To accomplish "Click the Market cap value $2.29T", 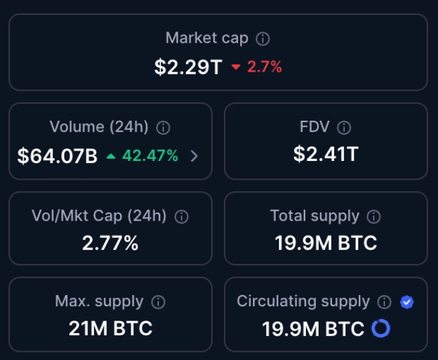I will (x=187, y=67).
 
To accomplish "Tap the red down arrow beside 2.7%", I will (x=235, y=67).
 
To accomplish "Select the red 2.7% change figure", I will (x=264, y=67).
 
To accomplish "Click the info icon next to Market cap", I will (x=264, y=39).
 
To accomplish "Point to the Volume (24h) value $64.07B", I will (x=58, y=156).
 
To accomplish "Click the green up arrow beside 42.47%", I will (x=111, y=156).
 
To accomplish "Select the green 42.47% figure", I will (x=150, y=156).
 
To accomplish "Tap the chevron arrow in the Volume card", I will (x=194, y=156).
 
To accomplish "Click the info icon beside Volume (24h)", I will (x=163, y=127).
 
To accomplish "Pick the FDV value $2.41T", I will (x=325, y=154).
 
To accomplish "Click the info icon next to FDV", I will (x=344, y=127).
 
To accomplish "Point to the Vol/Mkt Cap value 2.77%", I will (x=110, y=243).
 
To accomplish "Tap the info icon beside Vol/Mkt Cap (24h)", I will (x=181, y=217).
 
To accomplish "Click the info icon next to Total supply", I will (x=374, y=217).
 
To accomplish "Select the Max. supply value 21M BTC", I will (x=110, y=328).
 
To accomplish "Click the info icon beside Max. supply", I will (x=158, y=302).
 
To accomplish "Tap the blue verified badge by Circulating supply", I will (x=406, y=302).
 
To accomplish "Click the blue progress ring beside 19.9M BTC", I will (x=380, y=328).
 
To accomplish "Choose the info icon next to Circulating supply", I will (x=384, y=302).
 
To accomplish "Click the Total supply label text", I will (x=315, y=216).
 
